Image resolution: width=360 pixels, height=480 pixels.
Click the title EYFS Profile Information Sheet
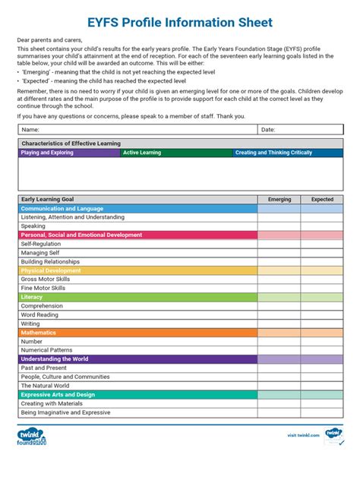180,24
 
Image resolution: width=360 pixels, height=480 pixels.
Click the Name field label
30,130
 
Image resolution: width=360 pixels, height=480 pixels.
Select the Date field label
268,130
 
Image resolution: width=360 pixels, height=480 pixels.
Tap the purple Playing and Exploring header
48,153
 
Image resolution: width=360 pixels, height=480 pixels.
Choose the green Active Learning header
143,153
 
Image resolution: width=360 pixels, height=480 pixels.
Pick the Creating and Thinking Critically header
274,153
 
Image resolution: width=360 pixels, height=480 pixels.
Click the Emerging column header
279,200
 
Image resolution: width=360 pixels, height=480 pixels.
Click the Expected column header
322,200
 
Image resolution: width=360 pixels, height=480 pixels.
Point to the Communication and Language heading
62,208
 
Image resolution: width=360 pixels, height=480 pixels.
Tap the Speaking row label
33,226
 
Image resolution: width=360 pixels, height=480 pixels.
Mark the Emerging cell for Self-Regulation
279,244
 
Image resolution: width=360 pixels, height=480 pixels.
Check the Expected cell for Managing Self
322,253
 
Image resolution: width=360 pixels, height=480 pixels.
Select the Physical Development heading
51,270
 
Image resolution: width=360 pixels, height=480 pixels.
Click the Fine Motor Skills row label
43,288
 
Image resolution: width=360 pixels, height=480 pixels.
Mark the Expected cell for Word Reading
322,314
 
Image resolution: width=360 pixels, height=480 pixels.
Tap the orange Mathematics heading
39,333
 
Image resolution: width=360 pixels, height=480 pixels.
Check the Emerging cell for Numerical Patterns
279,350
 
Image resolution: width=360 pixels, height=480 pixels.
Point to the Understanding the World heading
55,358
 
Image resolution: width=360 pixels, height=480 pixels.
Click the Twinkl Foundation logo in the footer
32,437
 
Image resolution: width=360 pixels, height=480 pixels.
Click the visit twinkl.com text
303,435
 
